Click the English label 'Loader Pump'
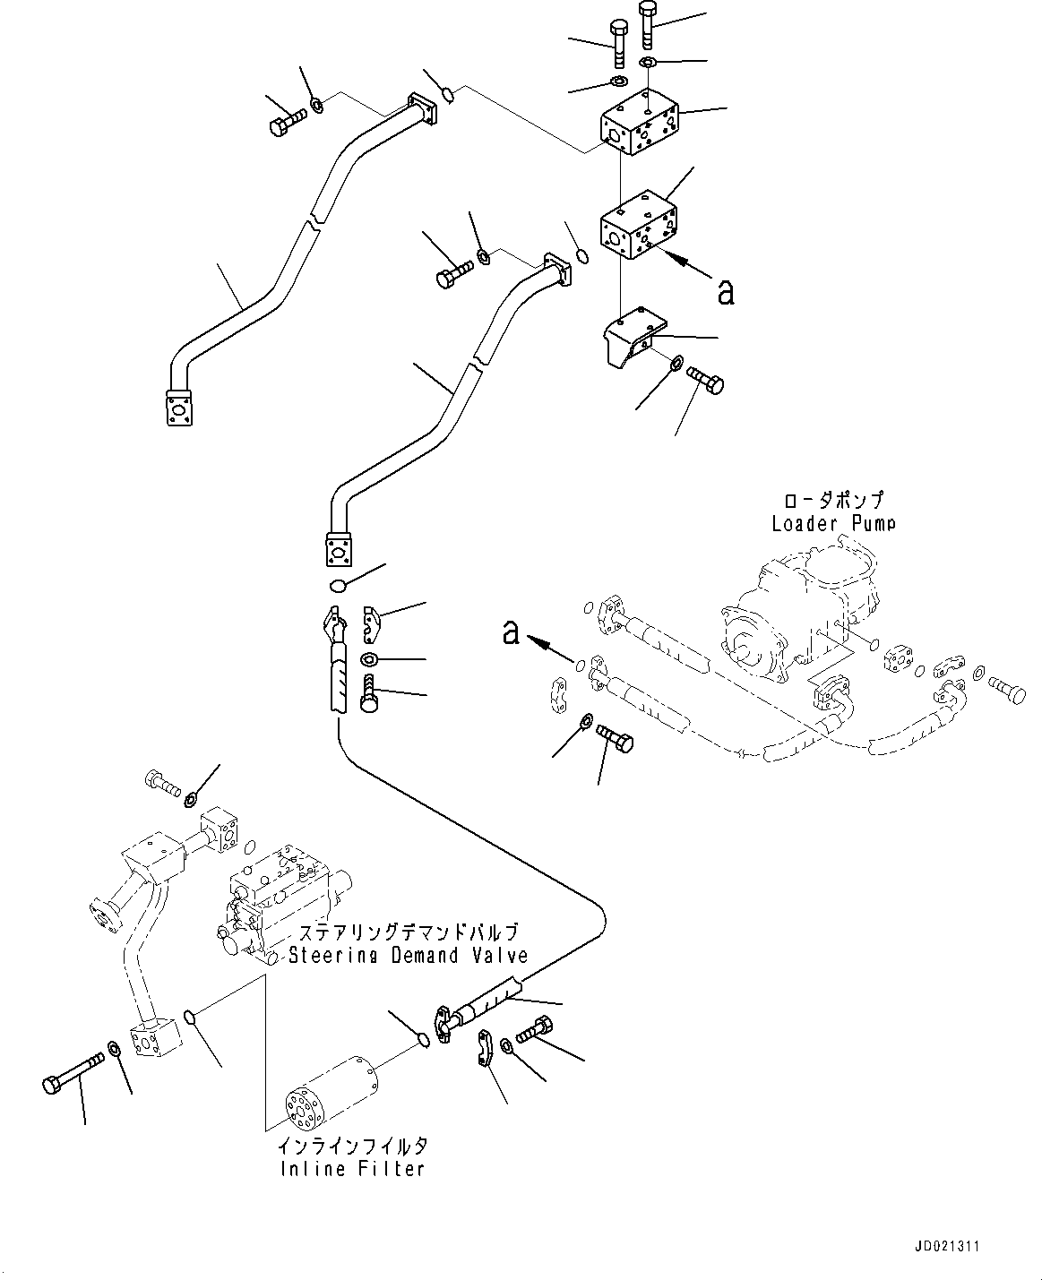(833, 523)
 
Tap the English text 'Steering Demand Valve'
(408, 956)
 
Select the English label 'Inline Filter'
(350, 1169)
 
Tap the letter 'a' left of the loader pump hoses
(511, 632)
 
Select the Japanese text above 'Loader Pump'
(833, 500)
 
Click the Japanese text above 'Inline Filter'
(350, 1146)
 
